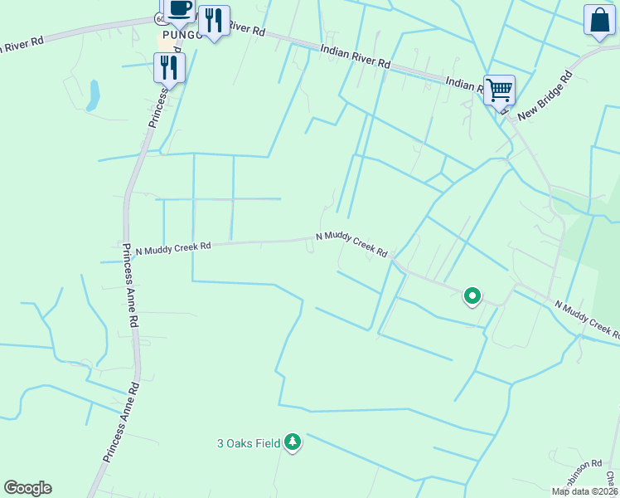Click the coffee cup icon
tap(179, 8)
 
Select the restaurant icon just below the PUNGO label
tap(169, 66)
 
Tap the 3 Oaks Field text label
tap(249, 443)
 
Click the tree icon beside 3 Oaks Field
tap(292, 442)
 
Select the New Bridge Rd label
tap(545, 96)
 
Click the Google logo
tap(27, 488)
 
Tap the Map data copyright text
tap(585, 491)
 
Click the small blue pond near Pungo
tap(93, 95)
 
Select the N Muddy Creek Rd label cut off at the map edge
tap(588, 320)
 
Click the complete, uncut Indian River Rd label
tap(355, 57)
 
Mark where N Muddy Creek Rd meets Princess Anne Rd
tap(126, 252)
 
